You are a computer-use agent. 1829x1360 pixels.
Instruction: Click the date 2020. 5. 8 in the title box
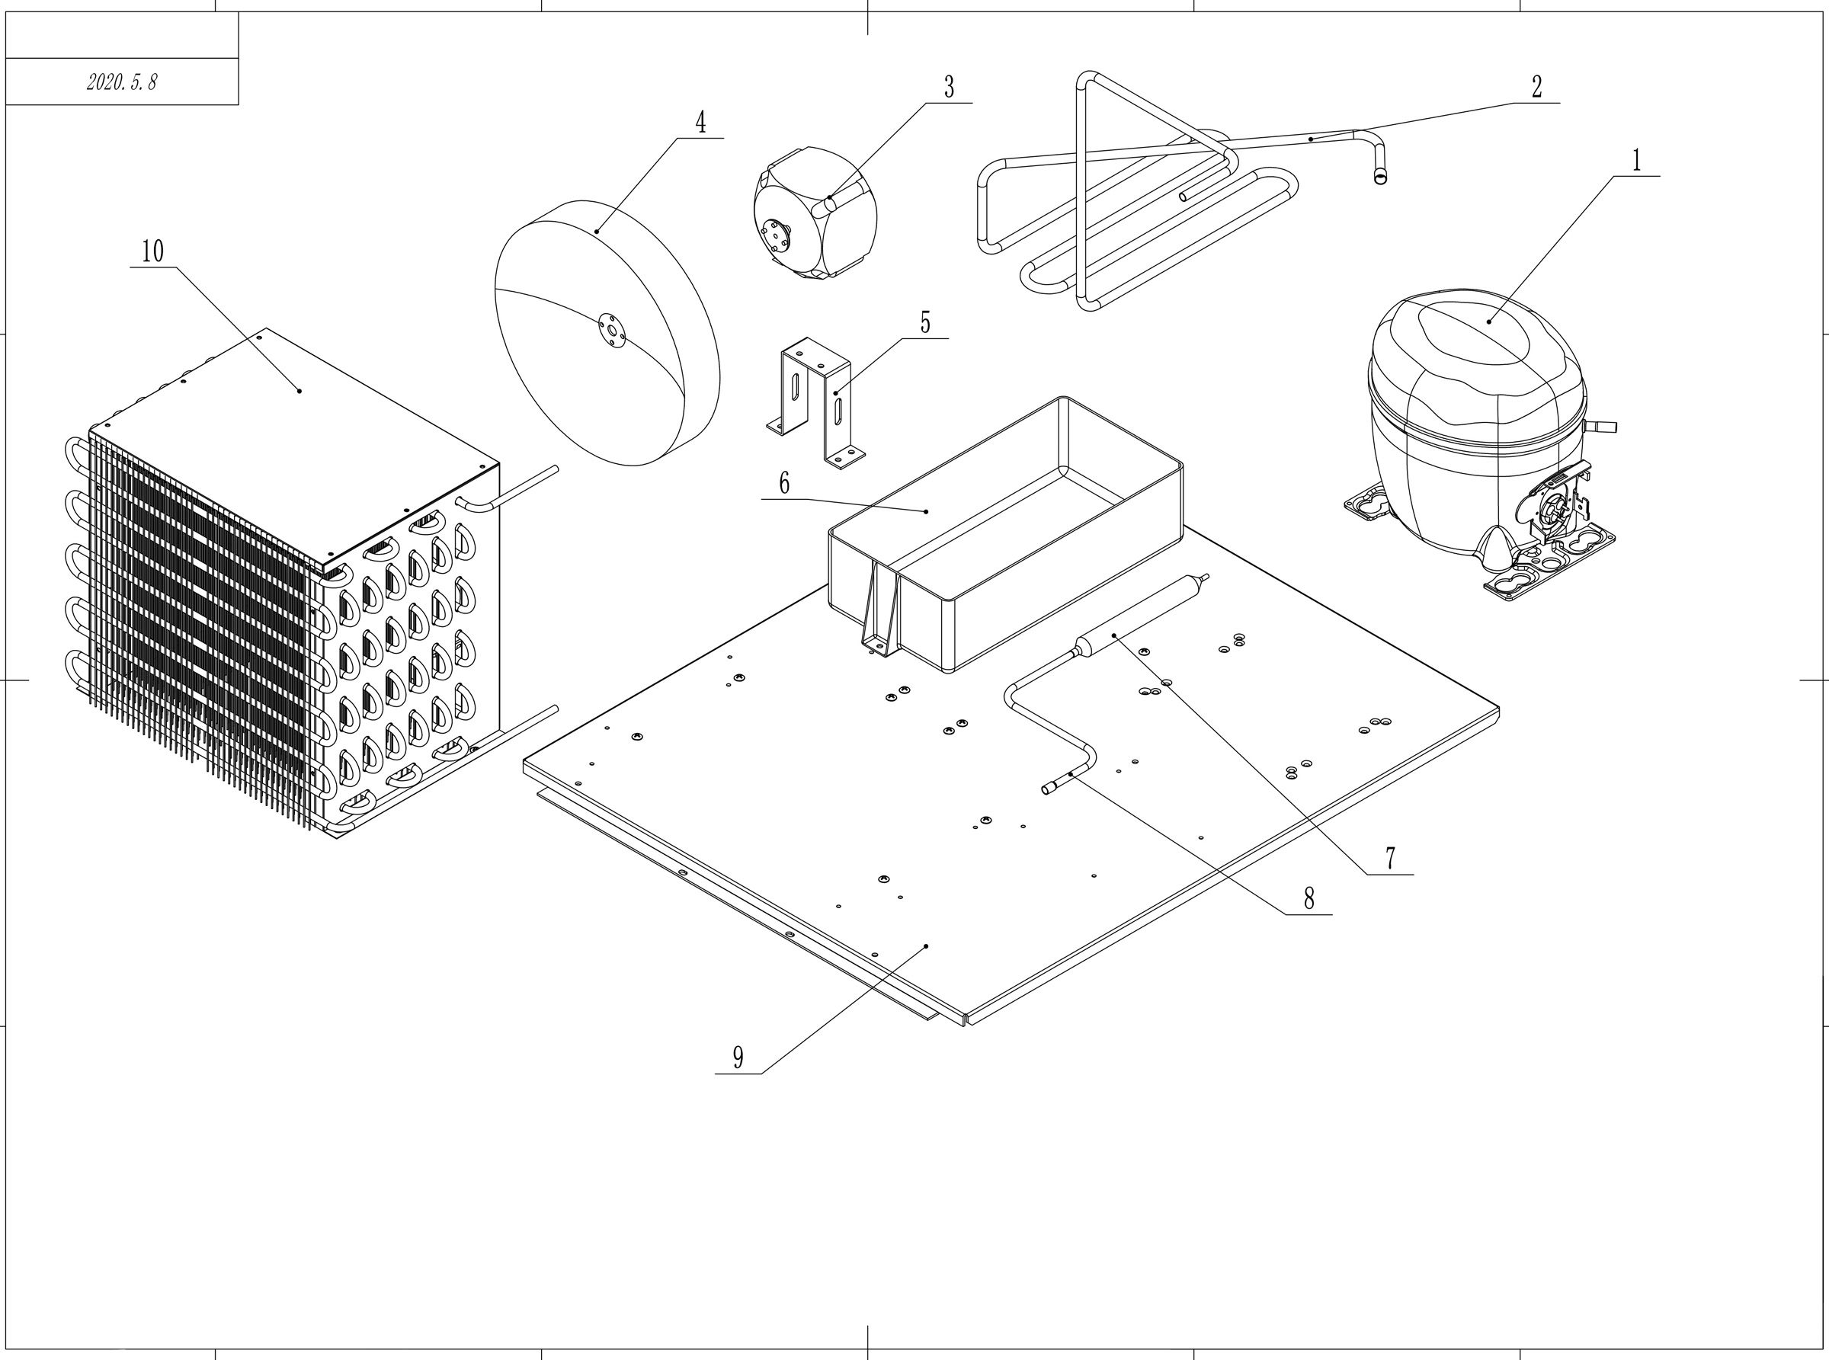[x=122, y=82]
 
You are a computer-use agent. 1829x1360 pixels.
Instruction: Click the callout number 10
[x=152, y=252]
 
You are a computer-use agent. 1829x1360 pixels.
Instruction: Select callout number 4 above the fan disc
[x=700, y=123]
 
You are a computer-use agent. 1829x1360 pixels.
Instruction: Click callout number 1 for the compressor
[x=1636, y=161]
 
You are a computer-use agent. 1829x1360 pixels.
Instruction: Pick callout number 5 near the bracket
[x=925, y=324]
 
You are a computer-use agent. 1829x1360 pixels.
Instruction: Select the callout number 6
[x=784, y=484]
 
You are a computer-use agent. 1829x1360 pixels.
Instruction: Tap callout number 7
[x=1390, y=859]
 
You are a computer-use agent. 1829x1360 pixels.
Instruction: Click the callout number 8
[x=1308, y=899]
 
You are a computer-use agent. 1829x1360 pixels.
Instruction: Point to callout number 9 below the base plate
[x=738, y=1058]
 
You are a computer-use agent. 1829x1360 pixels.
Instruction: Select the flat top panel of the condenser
[x=296, y=411]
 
